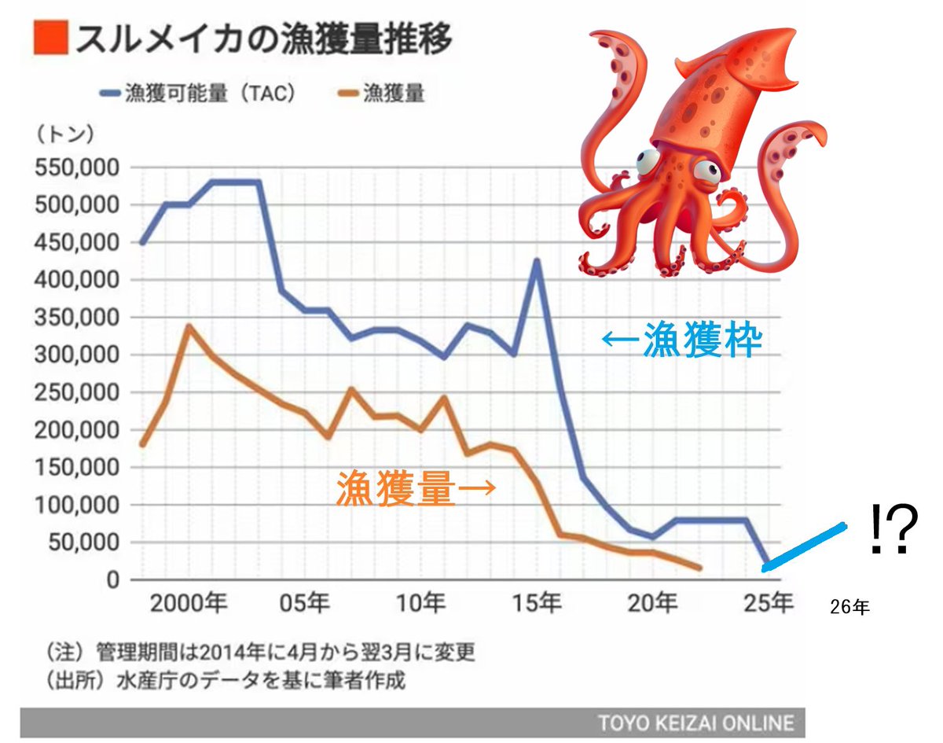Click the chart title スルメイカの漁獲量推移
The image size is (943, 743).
point(263,39)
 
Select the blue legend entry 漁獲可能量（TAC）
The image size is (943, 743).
point(200,94)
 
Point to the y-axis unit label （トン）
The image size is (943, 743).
point(64,134)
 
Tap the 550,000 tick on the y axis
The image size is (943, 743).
point(74,168)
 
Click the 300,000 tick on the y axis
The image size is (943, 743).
point(74,355)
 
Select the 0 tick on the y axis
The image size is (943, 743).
point(112,580)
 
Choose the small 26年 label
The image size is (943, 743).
point(849,608)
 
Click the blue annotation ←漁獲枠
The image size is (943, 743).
point(681,340)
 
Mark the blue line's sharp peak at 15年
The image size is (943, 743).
point(538,260)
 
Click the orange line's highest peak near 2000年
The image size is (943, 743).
point(189,326)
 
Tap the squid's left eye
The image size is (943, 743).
point(649,161)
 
